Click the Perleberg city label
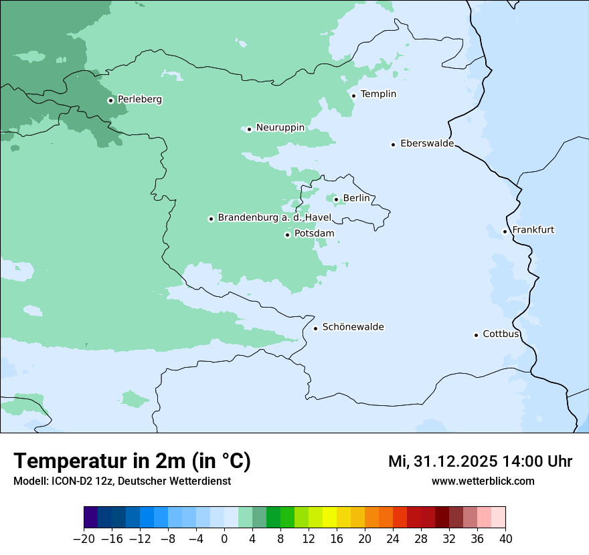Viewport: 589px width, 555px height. tap(139, 100)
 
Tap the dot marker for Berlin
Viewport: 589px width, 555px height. tap(336, 199)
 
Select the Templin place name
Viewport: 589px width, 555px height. tap(378, 94)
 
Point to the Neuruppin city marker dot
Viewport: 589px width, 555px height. tap(249, 129)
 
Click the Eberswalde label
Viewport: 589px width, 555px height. tap(427, 144)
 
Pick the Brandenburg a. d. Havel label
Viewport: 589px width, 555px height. tap(274, 218)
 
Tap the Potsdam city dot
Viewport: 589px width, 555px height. tap(287, 235)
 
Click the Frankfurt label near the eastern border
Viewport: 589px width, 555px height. tap(533, 230)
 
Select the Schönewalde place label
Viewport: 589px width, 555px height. tap(353, 327)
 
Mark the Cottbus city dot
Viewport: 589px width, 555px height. tap(476, 335)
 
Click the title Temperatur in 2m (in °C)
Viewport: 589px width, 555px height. tap(132, 461)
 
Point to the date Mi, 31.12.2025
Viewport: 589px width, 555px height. tap(442, 461)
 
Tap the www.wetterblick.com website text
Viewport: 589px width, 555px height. tap(483, 481)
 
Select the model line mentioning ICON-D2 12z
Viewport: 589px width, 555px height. tap(122, 481)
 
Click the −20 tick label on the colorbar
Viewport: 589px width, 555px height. tap(84, 539)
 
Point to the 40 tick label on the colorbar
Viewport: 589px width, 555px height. tap(505, 539)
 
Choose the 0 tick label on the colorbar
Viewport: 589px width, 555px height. tap(224, 539)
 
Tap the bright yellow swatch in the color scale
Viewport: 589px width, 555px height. tap(329, 518)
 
